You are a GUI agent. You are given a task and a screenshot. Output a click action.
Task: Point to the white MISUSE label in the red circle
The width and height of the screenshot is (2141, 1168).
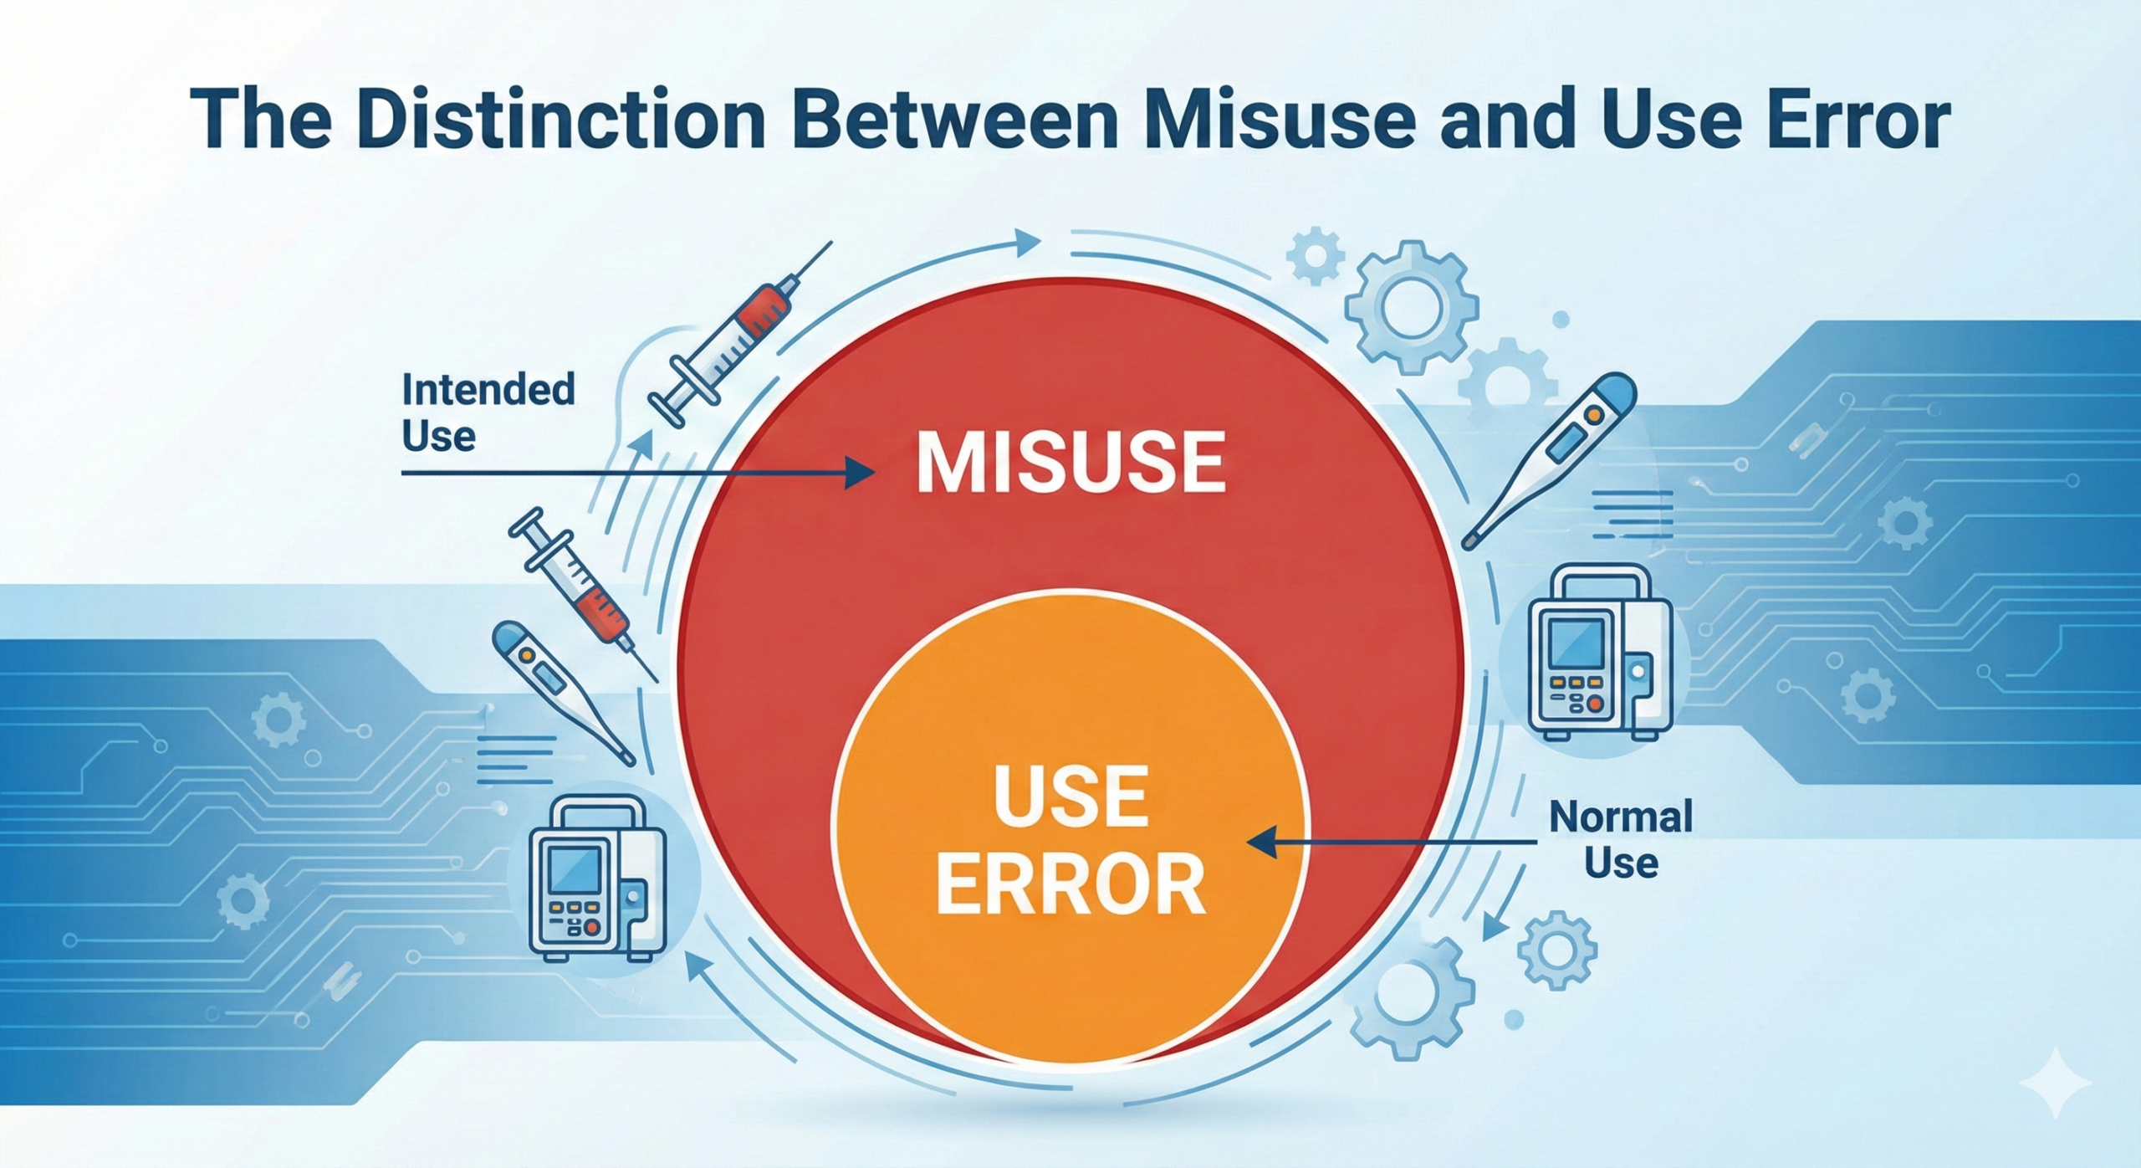[1071, 463]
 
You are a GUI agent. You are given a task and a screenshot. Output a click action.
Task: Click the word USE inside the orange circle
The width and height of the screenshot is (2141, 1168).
[1071, 797]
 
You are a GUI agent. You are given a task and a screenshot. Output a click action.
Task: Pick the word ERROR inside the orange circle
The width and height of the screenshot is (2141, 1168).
[1071, 885]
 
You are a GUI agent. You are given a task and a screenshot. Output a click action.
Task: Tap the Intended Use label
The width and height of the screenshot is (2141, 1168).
[488, 412]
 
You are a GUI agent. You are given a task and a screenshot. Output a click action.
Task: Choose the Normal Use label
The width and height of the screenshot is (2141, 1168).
[1621, 839]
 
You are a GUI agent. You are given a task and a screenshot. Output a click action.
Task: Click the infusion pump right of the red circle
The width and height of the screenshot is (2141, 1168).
[1599, 653]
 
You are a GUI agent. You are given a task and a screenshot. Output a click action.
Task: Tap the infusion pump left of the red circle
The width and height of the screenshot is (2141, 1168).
[599, 878]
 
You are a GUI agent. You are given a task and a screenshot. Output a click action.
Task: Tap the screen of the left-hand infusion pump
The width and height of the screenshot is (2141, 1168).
[573, 871]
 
